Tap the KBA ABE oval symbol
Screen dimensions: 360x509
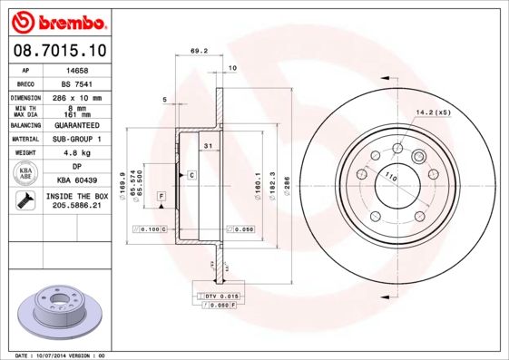pos(26,174)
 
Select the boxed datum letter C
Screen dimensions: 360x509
pos(191,172)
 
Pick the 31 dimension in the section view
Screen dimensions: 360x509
pos(208,146)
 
